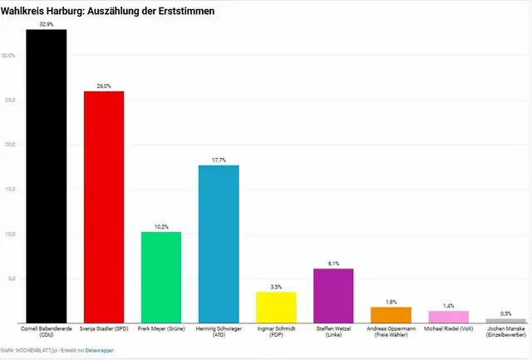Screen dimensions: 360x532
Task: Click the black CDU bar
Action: (x=46, y=175)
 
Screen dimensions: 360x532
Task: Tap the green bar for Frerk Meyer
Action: (x=160, y=277)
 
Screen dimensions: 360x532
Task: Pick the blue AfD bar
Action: (x=218, y=244)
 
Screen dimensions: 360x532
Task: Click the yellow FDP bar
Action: (x=275, y=307)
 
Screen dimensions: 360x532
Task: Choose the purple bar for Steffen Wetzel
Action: (x=332, y=295)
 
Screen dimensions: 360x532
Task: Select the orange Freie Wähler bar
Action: (x=390, y=314)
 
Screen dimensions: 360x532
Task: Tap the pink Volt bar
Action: (x=448, y=316)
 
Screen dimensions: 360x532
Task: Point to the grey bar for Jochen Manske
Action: (x=505, y=320)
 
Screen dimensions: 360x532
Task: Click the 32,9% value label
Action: (x=46, y=24)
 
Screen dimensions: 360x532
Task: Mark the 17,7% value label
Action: (x=218, y=160)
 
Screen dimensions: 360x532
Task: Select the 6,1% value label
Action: (x=332, y=263)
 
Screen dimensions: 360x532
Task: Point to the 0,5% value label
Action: (x=505, y=313)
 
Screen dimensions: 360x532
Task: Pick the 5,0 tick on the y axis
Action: (x=9, y=279)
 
